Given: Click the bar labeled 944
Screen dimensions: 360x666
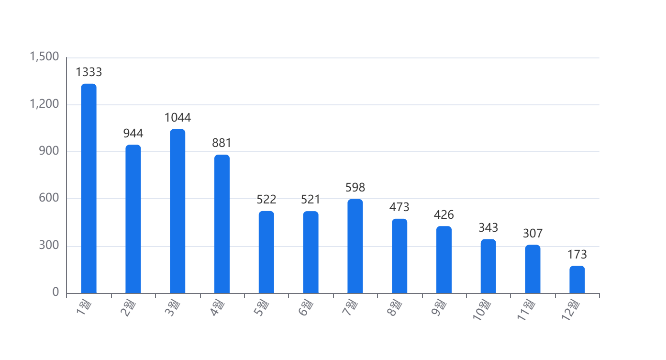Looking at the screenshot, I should point(133,219).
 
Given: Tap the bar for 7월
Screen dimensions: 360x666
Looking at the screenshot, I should point(355,246).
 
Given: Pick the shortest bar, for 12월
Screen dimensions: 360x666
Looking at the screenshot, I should point(577,280).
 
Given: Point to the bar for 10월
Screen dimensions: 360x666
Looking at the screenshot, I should point(488,266).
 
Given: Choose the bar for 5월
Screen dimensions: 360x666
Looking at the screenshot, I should point(266,252).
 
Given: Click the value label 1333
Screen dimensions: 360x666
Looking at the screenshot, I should point(89,72).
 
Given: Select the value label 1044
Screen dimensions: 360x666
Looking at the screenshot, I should point(178,117).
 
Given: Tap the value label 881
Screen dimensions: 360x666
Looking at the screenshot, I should point(222,143).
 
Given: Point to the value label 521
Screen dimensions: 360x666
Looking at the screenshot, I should point(311,199).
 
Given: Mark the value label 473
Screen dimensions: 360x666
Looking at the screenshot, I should point(399,207).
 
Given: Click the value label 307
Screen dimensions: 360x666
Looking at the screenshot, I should point(533,233).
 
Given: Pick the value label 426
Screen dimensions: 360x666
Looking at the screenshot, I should point(444,214).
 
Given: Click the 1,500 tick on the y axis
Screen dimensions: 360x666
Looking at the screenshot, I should point(44,57).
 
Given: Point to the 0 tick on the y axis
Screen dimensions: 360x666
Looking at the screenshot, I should point(55,292).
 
